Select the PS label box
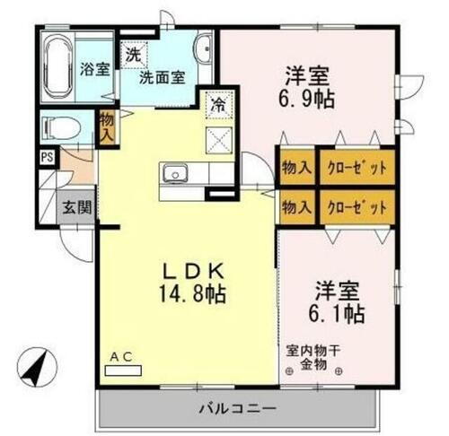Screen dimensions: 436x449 (45, 157)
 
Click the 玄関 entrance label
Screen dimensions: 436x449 (75, 205)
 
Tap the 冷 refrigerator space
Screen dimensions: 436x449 (218, 104)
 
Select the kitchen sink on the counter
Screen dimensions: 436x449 (174, 172)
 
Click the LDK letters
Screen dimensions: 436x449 (191, 268)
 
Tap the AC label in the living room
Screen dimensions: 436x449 (119, 357)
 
